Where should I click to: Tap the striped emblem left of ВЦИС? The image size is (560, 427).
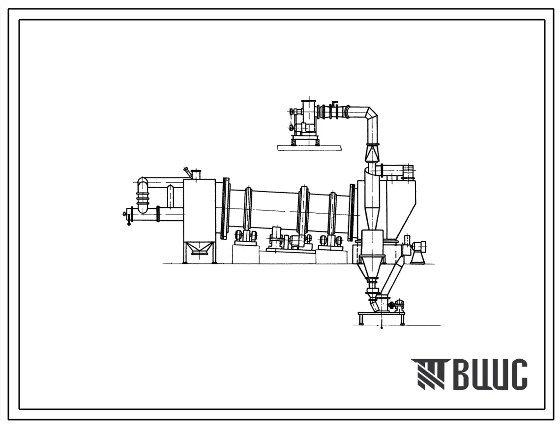(428, 374)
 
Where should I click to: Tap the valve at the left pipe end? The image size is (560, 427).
(129, 215)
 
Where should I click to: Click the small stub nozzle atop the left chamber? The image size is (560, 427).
(196, 174)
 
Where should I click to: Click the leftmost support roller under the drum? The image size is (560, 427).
(245, 236)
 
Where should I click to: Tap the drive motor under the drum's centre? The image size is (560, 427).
(298, 241)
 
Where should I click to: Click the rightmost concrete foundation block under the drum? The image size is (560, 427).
(331, 256)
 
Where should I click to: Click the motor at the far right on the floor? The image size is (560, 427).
(419, 247)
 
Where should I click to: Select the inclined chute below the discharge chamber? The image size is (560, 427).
(393, 278)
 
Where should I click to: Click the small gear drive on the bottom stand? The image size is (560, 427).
(396, 305)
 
